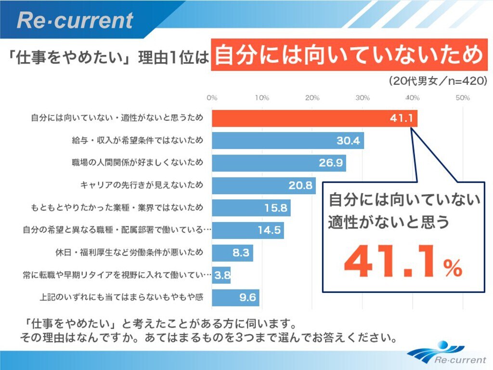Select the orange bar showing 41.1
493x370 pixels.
pos(314,118)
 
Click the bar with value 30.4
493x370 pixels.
pos(287,141)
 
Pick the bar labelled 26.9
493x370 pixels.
pos(279,163)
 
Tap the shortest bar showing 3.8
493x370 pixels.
pos(221,275)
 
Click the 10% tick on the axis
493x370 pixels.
pos(262,98)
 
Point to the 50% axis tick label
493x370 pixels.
pos(463,98)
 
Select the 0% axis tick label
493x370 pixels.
pos(212,98)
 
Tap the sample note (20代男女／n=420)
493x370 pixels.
pos(438,81)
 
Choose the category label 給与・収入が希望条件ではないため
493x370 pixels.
pos(137,141)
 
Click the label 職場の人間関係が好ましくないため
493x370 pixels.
pos(137,163)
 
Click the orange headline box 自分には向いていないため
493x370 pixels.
pos(348,55)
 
